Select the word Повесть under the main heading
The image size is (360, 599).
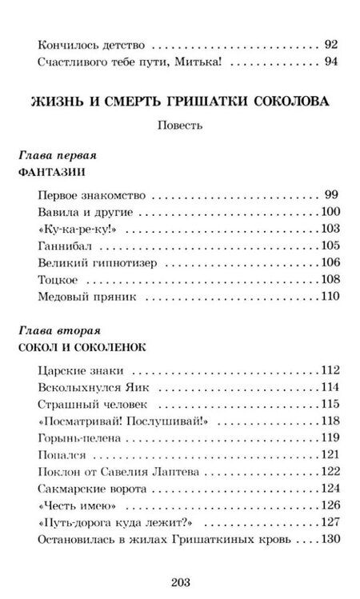point(180,125)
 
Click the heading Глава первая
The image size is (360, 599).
point(56,155)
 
